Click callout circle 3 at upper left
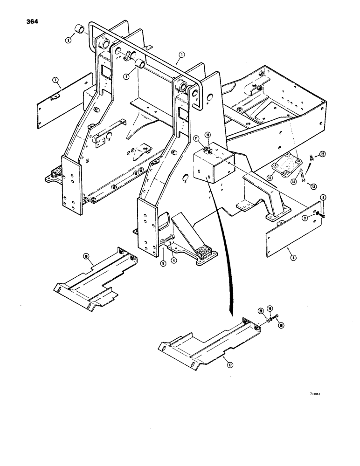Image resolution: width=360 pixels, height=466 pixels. (x=68, y=41)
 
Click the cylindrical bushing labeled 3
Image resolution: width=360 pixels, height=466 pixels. (x=83, y=31)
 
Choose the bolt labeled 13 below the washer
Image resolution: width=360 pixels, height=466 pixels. (x=304, y=178)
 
